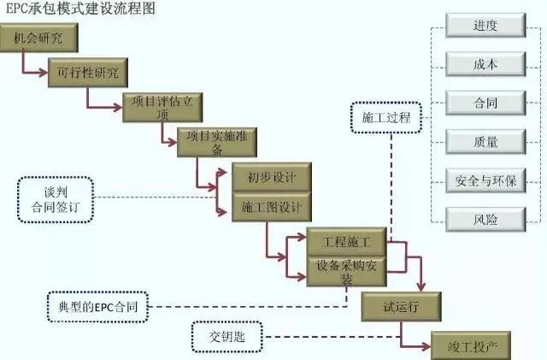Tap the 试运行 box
click(401, 305)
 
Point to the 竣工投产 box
click(472, 345)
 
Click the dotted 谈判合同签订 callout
click(53, 200)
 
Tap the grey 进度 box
click(485, 26)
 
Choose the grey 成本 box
click(485, 64)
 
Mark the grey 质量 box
click(485, 141)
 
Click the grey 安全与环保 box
click(485, 180)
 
